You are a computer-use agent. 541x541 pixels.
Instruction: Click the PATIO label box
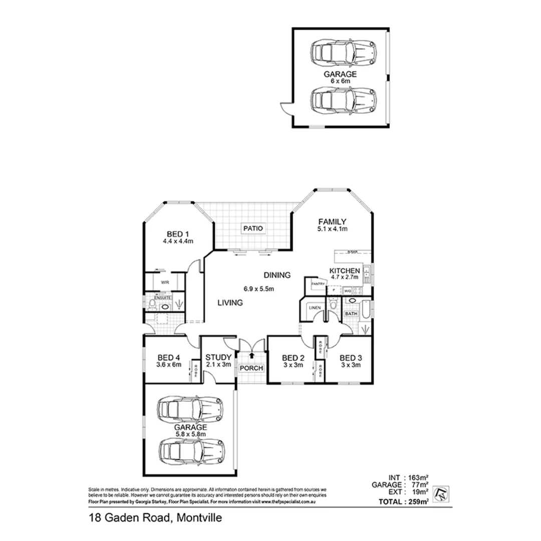click(x=253, y=228)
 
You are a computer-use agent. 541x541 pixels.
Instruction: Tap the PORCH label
click(x=251, y=368)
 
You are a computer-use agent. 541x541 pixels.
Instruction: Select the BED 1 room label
click(x=178, y=233)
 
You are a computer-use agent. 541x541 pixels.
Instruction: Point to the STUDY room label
click(x=218, y=357)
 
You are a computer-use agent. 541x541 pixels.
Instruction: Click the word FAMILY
click(x=332, y=222)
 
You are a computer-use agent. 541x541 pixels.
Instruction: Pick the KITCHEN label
click(x=345, y=271)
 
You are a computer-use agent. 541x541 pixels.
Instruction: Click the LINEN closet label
click(x=315, y=308)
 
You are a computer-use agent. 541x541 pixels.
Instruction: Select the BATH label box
click(x=351, y=314)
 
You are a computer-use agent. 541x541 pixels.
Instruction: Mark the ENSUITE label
click(x=163, y=298)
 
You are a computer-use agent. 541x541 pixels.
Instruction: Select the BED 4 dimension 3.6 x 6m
click(x=168, y=365)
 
